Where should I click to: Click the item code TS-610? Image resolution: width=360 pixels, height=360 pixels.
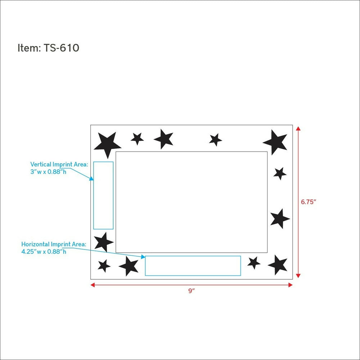pos(61,48)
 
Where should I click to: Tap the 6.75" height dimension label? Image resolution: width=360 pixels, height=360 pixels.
pos(309,202)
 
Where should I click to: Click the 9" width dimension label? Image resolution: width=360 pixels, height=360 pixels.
pos(192,291)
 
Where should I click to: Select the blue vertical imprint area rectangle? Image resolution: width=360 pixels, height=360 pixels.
pos(94,195)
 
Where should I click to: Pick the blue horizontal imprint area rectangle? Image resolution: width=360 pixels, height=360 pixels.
pos(193,256)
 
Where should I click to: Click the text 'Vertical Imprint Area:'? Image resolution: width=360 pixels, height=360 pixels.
pos(59,165)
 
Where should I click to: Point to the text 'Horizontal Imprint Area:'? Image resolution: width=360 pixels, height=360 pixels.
pos(54,244)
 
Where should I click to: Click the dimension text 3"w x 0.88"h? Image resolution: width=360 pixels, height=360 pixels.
pos(48,172)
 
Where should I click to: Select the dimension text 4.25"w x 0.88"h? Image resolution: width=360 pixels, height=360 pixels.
pos(44,252)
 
